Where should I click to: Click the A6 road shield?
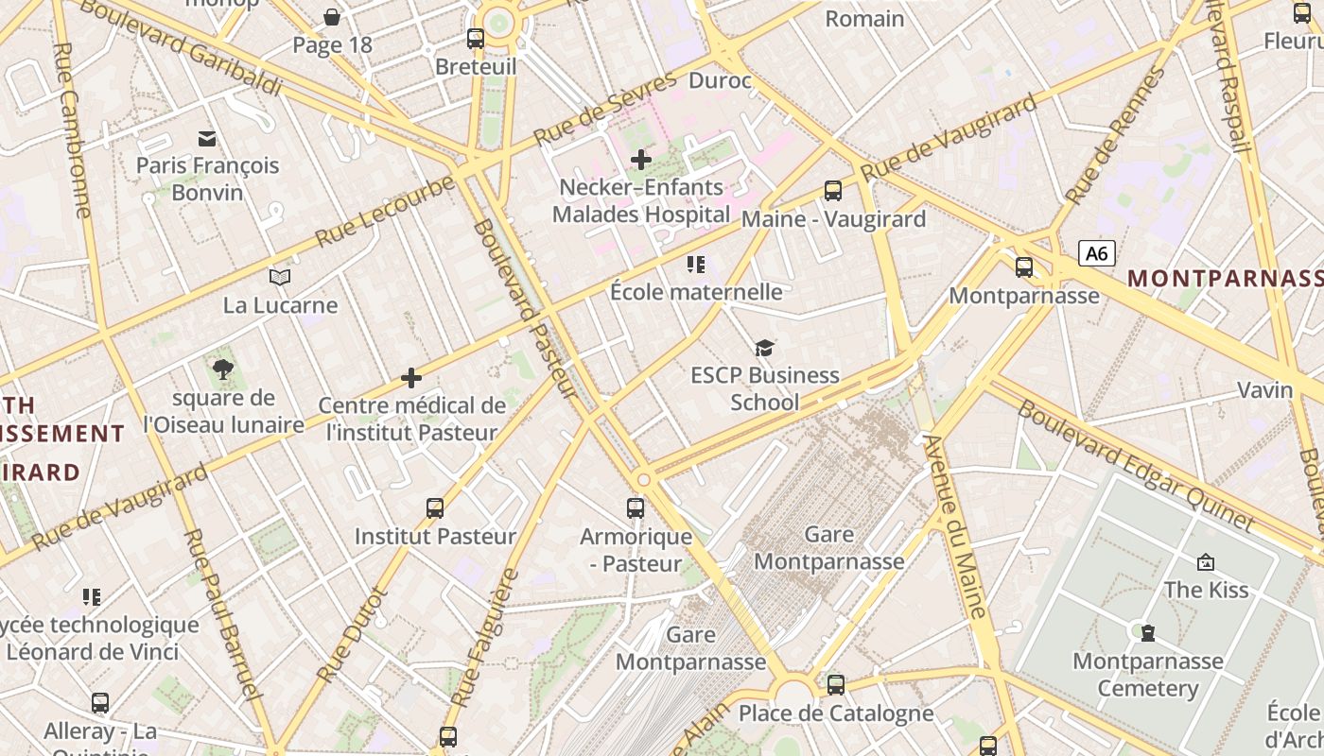(1096, 253)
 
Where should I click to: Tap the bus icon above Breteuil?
(476, 39)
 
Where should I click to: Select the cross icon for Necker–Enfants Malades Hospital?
(640, 160)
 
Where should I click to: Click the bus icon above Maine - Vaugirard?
(833, 191)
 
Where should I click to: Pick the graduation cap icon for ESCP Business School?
(764, 348)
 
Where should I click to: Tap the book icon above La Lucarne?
(280, 277)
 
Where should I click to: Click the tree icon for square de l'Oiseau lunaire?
(223, 369)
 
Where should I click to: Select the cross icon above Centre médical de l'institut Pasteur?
(411, 378)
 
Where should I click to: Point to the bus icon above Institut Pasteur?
(435, 508)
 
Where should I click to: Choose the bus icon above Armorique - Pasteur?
(636, 508)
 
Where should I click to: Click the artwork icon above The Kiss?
(1206, 562)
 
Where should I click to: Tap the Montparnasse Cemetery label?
(1147, 674)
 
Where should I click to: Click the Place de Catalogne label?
(836, 713)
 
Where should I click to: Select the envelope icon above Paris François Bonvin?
(207, 139)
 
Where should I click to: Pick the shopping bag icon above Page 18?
(332, 17)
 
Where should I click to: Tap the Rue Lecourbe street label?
(385, 211)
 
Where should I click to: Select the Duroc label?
(720, 80)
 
